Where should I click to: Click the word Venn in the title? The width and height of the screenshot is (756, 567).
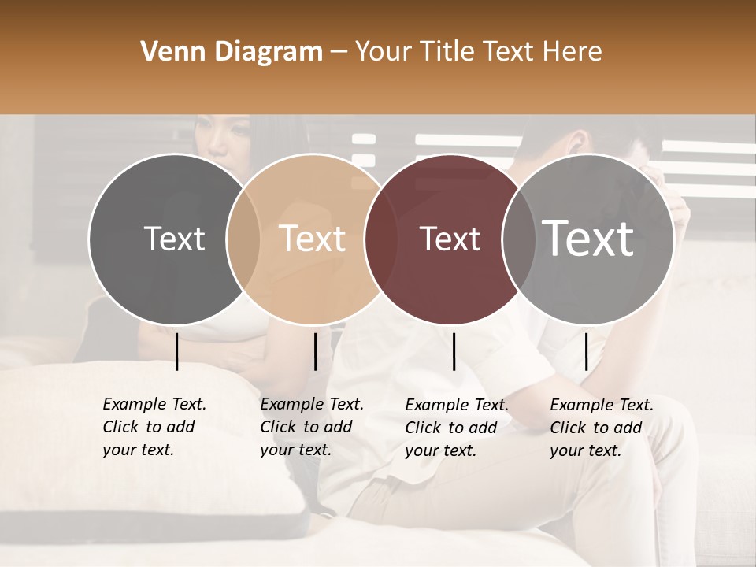pos(167,52)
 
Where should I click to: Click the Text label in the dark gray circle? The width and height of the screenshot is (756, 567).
pos(174,239)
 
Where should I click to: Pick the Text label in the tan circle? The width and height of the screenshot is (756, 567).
pos(312,239)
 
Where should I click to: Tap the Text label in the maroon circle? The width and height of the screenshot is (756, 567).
pos(450,239)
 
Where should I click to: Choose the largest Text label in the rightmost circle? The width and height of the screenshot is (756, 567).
pos(588,238)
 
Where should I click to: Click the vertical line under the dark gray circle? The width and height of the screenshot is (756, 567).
pos(176,351)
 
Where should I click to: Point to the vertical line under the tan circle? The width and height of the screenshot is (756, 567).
pos(315,351)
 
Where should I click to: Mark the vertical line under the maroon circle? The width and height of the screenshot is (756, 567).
pos(454,351)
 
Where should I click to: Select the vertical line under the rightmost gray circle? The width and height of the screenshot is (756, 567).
pos(586,351)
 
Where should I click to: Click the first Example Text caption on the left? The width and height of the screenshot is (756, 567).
pos(154,427)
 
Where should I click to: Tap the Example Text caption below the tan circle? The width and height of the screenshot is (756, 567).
pos(311,427)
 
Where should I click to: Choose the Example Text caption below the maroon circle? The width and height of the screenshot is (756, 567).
pos(456,428)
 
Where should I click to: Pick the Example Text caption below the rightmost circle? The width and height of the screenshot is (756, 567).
pos(601,428)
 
